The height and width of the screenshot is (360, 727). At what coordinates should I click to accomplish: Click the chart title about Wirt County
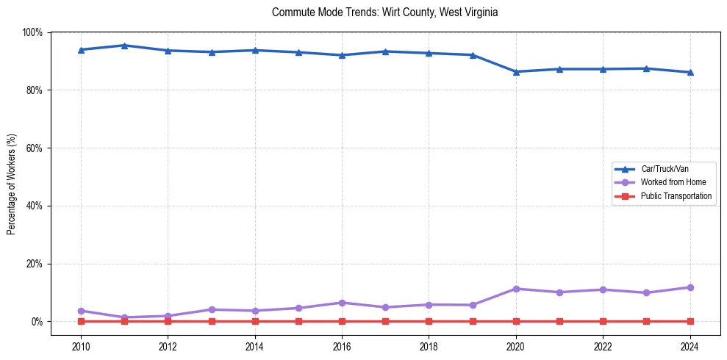coord(385,12)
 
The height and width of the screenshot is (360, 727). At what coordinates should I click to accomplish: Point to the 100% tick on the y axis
coord(32,32)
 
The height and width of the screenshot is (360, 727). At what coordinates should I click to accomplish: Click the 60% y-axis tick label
coord(34,148)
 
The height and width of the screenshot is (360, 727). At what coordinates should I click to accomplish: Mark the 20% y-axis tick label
coord(34,264)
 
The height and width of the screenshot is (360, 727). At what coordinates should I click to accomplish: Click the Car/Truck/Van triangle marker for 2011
coord(124,46)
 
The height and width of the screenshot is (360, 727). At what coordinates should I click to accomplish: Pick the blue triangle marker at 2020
coord(516,71)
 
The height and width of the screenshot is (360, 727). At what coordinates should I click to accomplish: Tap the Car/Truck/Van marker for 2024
coord(690,72)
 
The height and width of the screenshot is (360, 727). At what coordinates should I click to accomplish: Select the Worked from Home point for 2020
coord(516,289)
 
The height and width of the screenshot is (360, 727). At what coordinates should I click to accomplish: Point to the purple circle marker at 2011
coord(124,317)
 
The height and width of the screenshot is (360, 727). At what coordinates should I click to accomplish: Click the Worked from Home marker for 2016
coord(342,303)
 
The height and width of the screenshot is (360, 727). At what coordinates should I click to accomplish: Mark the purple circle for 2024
coord(690,287)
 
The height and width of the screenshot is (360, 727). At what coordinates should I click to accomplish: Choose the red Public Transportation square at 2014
coord(255,321)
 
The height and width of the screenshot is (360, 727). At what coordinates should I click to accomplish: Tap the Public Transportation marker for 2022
coord(603,321)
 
